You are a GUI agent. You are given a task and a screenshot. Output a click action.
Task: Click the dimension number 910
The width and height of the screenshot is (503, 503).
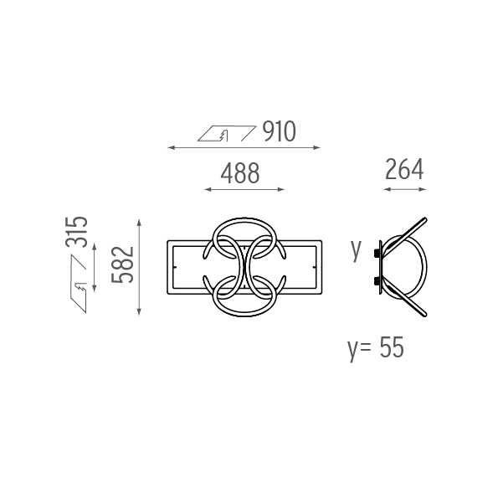[x=279, y=131]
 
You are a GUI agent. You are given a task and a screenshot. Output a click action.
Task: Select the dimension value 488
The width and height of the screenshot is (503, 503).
[x=240, y=173]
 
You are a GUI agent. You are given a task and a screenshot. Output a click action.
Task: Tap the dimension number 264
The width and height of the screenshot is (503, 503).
[x=404, y=169]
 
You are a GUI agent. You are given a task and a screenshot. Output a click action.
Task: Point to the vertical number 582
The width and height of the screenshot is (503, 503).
[x=122, y=265]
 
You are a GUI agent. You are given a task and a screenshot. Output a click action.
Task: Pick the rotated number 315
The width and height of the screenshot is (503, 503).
[x=76, y=232]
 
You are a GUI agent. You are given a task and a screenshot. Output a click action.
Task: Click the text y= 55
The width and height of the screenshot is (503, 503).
[x=376, y=349]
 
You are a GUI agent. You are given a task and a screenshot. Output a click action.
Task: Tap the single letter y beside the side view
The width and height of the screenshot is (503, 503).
[x=356, y=250]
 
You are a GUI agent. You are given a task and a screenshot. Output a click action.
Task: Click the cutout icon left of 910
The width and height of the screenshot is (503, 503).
[x=227, y=133]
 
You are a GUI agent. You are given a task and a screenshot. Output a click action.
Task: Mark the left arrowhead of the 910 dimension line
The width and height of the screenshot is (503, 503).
[x=171, y=147]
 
